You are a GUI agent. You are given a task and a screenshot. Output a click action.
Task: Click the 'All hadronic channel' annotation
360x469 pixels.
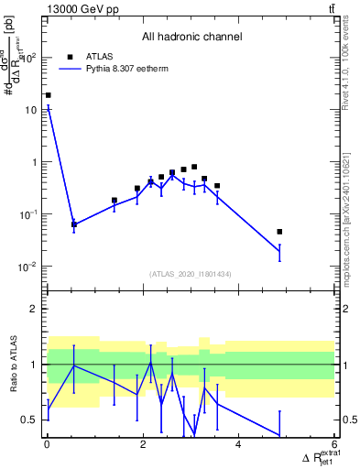click(x=191, y=38)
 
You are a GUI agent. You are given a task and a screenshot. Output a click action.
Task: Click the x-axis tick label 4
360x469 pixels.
click(x=238, y=446)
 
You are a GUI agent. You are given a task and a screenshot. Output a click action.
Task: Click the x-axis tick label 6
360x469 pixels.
click(x=334, y=446)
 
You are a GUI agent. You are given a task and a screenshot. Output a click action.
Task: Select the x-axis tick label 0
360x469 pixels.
click(x=48, y=446)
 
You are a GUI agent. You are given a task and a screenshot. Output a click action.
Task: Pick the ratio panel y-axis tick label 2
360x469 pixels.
click(x=37, y=309)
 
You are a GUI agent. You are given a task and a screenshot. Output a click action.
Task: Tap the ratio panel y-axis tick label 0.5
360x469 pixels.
click(x=31, y=420)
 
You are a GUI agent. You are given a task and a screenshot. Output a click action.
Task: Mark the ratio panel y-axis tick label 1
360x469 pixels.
click(x=37, y=365)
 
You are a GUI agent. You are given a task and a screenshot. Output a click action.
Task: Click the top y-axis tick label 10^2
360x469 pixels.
click(x=31, y=57)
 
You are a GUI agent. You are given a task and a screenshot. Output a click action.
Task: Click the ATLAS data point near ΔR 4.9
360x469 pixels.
click(x=279, y=232)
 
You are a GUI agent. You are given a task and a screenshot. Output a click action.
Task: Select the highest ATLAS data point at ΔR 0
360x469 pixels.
click(x=48, y=94)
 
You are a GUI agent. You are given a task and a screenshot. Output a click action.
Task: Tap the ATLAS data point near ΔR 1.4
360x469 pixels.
click(x=115, y=200)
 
